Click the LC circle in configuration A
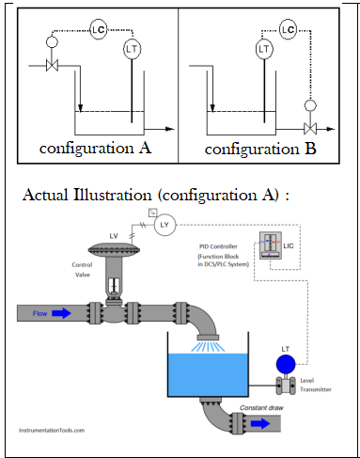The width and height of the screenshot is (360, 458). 97,30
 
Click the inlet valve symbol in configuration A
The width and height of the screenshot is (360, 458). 53,67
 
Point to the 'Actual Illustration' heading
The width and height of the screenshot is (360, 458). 152,196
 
